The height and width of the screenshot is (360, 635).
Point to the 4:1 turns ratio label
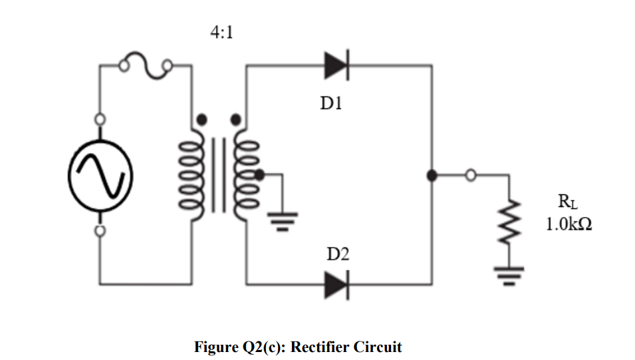coord(221,33)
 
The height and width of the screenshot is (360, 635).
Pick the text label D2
coord(337,254)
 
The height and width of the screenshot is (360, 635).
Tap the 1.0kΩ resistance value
coord(569,224)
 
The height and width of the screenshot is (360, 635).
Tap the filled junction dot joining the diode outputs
coord(432,176)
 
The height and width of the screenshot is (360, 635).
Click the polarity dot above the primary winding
coord(201,120)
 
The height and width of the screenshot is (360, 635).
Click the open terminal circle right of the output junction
coord(471,176)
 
